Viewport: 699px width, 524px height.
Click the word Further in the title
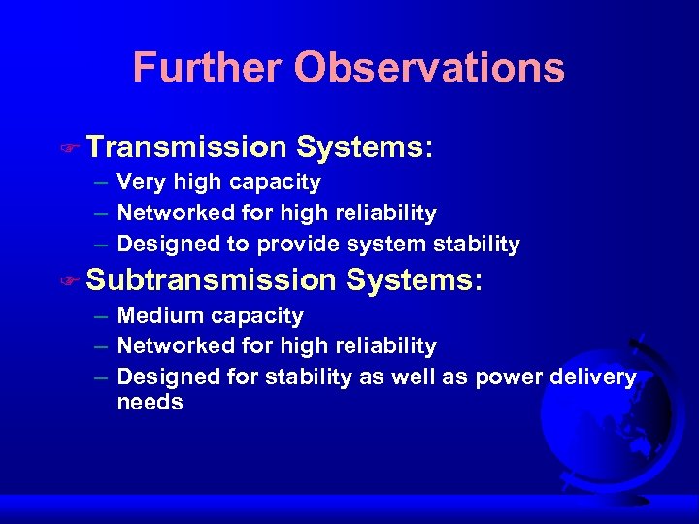(207, 68)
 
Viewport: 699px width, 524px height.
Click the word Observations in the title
(429, 68)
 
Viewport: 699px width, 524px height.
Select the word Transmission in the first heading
(185, 147)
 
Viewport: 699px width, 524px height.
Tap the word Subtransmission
(210, 280)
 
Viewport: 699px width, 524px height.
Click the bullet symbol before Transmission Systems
(68, 149)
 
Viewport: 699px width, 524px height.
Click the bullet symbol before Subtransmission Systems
(68, 282)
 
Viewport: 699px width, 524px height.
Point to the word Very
(138, 182)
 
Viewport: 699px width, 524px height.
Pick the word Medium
(157, 316)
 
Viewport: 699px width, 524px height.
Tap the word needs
(150, 402)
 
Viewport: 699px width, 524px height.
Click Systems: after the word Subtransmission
(414, 280)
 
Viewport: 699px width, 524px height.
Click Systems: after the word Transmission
(364, 147)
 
